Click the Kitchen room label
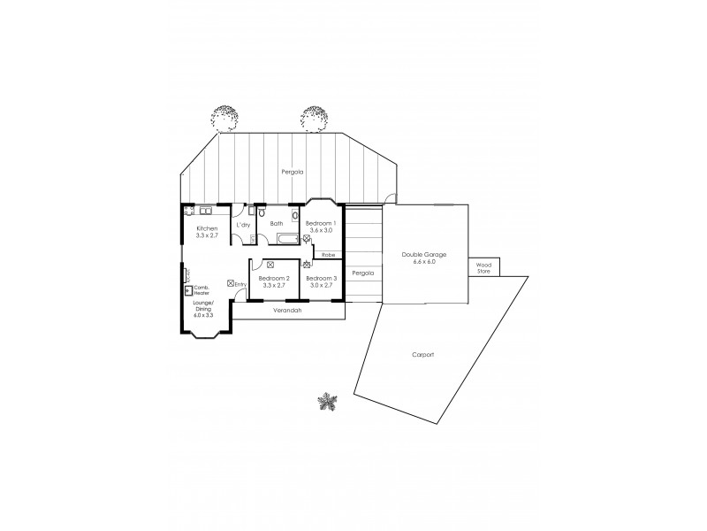click(206, 228)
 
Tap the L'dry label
click(243, 224)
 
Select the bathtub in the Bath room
click(286, 239)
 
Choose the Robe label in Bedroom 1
click(328, 254)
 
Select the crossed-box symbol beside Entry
click(230, 283)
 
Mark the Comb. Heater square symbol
click(188, 290)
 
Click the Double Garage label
click(424, 254)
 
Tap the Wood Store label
click(483, 266)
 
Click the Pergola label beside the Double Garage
click(362, 273)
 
